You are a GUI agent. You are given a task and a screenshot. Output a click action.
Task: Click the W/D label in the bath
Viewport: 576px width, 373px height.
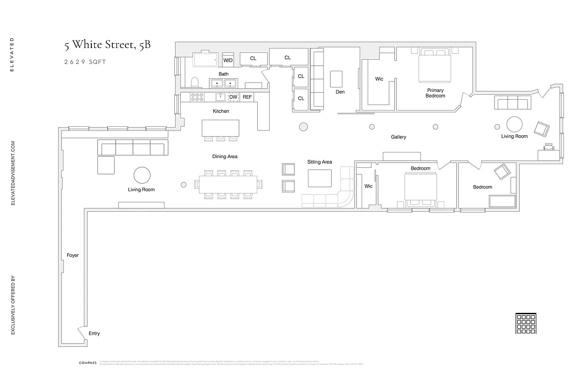point(228,60)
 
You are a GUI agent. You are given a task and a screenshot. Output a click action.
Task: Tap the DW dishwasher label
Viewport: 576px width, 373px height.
point(233,97)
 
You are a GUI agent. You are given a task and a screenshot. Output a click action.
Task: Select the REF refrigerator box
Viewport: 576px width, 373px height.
point(247,97)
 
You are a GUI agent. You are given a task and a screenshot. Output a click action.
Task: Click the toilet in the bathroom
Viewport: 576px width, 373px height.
point(195,83)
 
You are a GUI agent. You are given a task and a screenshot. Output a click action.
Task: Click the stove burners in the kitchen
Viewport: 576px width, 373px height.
point(198,97)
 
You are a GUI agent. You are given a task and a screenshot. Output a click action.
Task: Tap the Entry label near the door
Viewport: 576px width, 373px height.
point(94,333)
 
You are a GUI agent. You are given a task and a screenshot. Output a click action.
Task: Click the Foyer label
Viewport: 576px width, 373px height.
point(72,256)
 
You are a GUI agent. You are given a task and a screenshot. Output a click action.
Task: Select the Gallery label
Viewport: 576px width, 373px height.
point(398,137)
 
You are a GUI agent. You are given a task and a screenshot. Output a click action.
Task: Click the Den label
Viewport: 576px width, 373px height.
point(340,92)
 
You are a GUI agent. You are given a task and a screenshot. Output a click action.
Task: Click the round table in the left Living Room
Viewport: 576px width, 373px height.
point(142,175)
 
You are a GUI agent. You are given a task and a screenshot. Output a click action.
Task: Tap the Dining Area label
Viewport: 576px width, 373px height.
point(225,157)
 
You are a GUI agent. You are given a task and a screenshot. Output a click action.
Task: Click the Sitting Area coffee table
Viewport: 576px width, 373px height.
point(320,178)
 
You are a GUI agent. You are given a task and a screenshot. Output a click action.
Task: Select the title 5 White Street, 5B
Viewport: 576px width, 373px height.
point(107,45)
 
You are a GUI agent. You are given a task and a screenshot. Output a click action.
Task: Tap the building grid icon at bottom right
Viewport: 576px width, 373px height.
point(527,323)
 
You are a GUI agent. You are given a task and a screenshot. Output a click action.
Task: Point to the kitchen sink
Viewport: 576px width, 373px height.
point(220,97)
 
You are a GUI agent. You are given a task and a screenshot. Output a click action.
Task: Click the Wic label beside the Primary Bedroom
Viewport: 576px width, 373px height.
point(379,79)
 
